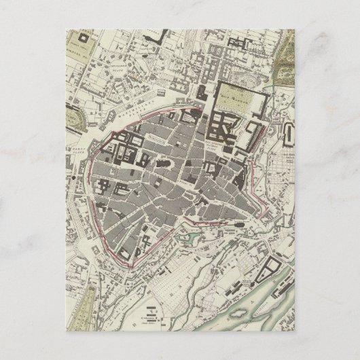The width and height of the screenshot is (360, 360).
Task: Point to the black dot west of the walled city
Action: (x=73, y=177)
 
